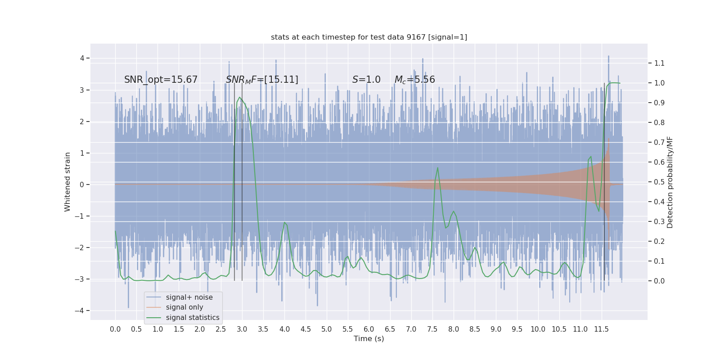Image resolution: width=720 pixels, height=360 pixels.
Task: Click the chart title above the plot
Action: pos(369,37)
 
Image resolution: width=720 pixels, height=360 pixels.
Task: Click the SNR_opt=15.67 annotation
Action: pos(161,80)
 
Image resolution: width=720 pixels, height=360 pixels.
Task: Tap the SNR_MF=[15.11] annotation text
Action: pos(262,80)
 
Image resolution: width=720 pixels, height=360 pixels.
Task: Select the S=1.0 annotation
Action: pos(366,80)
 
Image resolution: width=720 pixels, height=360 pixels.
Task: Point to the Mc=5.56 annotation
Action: pos(414,80)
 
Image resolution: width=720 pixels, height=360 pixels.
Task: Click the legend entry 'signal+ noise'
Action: pos(189,297)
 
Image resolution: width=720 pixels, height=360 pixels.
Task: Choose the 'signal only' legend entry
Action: pos(184,307)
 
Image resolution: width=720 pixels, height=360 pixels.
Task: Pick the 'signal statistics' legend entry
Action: pos(192,318)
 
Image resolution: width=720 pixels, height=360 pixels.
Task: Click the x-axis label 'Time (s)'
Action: pos(369,339)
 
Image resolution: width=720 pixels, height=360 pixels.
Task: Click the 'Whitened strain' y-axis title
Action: pos(67,182)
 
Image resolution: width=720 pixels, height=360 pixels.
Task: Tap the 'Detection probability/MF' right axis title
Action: pos(670,182)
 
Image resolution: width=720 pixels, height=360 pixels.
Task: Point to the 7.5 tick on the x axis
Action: pos(432,329)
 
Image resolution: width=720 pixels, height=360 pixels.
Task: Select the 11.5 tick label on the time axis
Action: pos(601,329)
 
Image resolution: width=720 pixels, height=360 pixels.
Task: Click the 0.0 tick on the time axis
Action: pos(115,329)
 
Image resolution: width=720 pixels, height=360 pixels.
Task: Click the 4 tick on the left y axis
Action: pos(82,58)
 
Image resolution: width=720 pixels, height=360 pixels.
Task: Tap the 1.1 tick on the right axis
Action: pos(659,63)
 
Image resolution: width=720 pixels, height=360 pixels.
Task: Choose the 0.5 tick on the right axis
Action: pos(659,182)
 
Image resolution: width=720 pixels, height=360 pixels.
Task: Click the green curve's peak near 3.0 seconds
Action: pos(239,97)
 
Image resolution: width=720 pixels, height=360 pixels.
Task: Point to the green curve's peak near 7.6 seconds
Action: pos(437,168)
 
